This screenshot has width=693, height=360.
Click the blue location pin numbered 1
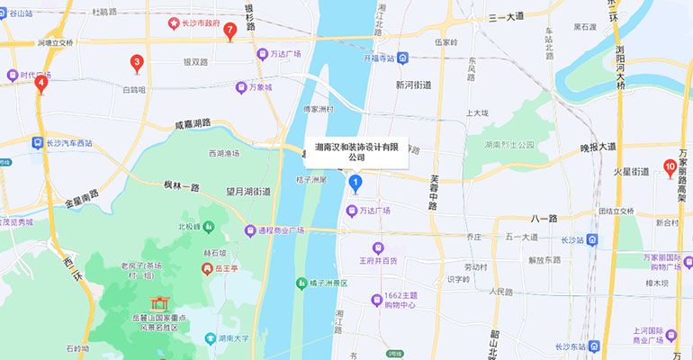[355, 184]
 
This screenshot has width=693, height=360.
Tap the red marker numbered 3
[137, 63]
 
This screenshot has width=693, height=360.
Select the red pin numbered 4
[40, 84]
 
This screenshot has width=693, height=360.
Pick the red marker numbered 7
[230, 31]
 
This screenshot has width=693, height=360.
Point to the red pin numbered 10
[669, 166]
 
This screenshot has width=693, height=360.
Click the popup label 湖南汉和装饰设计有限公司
[357, 151]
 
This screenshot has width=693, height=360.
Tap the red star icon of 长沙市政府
[174, 24]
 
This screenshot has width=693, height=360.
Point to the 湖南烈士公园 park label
[508, 144]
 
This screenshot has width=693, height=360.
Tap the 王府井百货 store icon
[378, 247]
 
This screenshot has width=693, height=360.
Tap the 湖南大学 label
[230, 339]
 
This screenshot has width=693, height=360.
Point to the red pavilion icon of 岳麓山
[160, 304]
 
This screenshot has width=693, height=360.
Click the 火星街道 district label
[631, 171]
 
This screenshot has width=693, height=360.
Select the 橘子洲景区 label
[334, 283]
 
